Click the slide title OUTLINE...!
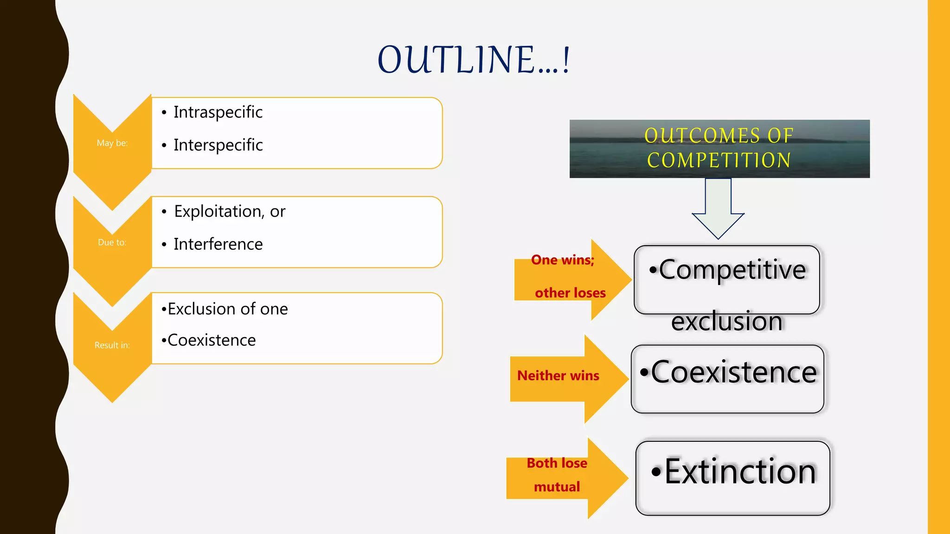point(474,60)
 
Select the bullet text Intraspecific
point(218,112)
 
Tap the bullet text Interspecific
point(218,145)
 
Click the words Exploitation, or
point(229,211)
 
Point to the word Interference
point(218,244)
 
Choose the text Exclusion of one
point(227,309)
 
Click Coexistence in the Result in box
point(211,340)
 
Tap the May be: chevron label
point(112,143)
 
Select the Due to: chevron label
point(112,242)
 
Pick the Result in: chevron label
point(112,345)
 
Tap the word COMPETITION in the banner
point(719,161)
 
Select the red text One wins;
point(562,260)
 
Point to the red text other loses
point(570,293)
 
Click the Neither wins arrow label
point(558,375)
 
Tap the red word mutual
point(557,487)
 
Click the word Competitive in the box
point(732,270)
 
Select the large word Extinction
point(739,471)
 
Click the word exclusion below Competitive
point(726,322)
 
